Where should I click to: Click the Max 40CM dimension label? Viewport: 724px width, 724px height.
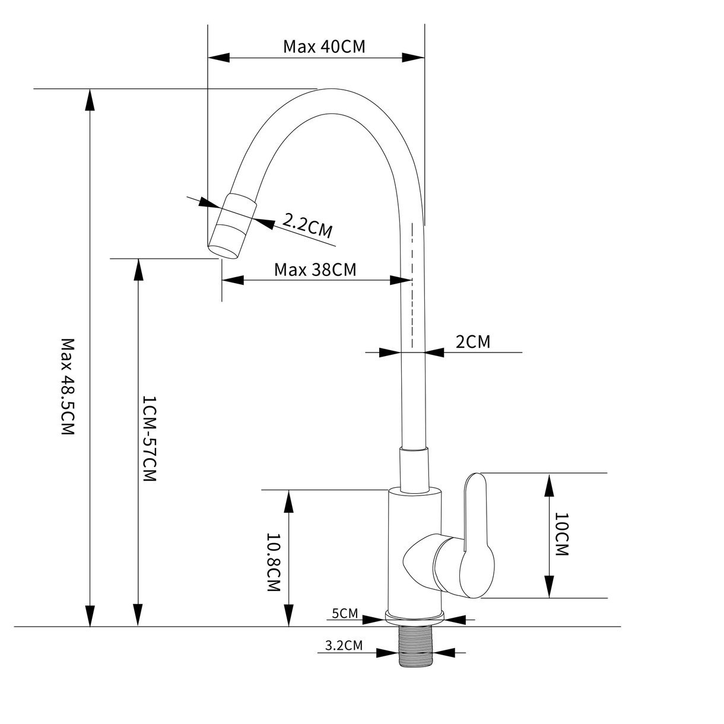point(324,47)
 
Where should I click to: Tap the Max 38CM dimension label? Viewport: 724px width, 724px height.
point(315,269)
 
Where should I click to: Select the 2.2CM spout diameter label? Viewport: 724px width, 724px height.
point(307,226)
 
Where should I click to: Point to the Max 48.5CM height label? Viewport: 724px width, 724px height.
point(68,387)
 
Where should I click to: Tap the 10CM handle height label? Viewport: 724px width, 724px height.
point(561,539)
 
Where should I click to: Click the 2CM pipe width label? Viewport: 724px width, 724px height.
point(472,341)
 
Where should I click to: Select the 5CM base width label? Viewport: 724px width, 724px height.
point(345,613)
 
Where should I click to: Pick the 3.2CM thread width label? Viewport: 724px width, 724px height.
point(344,645)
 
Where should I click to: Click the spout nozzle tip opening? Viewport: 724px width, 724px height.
point(223,251)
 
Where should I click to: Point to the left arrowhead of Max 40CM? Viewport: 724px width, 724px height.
point(218,58)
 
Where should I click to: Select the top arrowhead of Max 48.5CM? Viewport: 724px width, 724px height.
point(90,100)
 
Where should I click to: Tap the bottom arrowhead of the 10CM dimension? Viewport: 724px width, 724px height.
point(549,586)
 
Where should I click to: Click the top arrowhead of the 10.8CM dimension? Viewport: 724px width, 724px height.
point(288,501)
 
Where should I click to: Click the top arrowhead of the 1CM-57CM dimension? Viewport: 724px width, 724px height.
point(139,269)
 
